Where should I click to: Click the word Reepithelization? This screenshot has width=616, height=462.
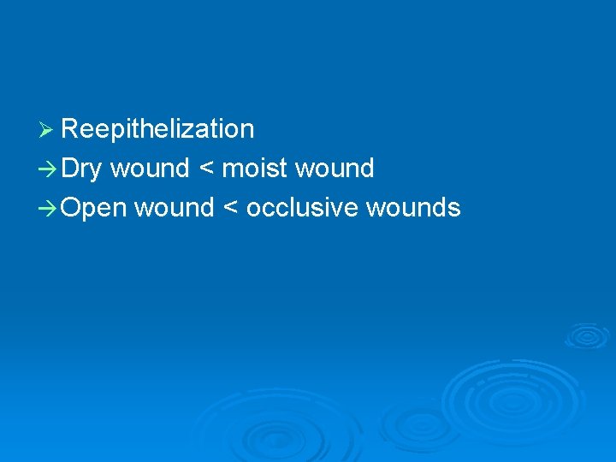click(157, 130)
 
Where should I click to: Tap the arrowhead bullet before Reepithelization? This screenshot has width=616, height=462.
click(47, 130)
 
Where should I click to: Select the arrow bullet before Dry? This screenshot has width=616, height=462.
click(49, 169)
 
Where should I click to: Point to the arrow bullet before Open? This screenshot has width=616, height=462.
click(49, 209)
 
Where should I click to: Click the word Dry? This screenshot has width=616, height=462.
click(81, 169)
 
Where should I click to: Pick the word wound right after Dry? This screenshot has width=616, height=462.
click(150, 169)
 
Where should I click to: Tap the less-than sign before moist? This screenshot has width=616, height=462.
click(205, 169)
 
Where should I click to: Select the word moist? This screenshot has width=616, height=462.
click(254, 169)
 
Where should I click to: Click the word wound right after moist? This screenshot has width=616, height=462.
click(335, 169)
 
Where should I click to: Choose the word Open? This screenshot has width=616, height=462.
click(93, 209)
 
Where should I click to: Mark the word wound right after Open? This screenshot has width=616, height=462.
click(174, 208)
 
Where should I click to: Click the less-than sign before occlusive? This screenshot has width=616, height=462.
click(229, 209)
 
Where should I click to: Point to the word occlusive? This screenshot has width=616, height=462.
click(300, 208)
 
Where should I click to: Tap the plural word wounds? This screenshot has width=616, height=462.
click(413, 208)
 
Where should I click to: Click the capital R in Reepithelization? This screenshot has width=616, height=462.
click(70, 129)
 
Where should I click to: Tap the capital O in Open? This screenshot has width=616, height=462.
click(72, 208)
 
